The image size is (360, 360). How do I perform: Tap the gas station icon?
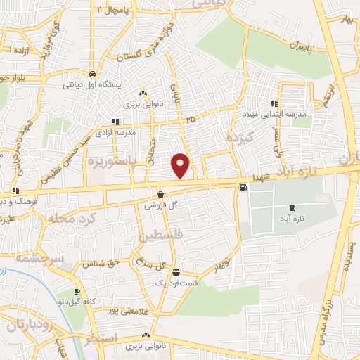[x=243, y=187]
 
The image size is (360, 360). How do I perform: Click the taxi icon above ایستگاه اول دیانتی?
[x=92, y=73]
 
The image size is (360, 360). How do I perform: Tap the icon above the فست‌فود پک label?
[x=175, y=272]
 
